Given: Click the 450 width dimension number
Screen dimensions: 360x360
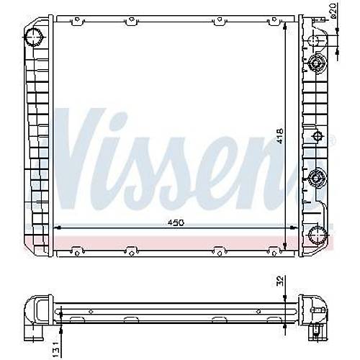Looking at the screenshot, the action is [x=176, y=223].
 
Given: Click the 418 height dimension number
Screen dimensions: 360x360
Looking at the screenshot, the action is [x=280, y=136].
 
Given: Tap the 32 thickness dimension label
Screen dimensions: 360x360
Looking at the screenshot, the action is [x=280, y=281].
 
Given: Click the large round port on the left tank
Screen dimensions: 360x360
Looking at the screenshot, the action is [x=35, y=37].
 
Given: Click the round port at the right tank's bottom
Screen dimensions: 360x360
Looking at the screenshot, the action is [x=318, y=235].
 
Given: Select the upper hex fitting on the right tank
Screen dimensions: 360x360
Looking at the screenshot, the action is [x=318, y=63].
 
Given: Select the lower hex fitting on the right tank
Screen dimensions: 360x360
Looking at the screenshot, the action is [x=318, y=178].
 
